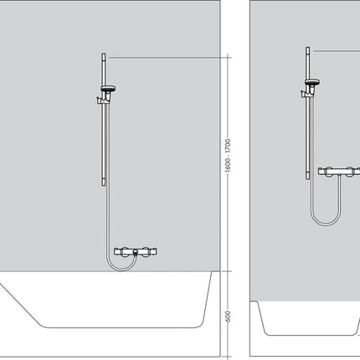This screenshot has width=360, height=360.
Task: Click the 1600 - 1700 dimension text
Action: (x=228, y=155)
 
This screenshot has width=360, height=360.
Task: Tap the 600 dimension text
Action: (x=228, y=316)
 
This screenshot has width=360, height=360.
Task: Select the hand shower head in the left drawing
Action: (x=108, y=89)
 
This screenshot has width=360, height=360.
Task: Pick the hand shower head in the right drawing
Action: (x=312, y=82)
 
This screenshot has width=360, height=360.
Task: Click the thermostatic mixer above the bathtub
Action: (x=136, y=252)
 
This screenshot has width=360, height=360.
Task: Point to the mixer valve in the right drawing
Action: (x=339, y=172)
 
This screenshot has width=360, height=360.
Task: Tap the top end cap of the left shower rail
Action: (x=104, y=57)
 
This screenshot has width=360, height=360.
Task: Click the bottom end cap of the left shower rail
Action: (x=104, y=183)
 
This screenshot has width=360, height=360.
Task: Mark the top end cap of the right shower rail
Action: (x=307, y=50)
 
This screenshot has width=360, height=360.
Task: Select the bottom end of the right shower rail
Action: (x=307, y=176)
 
